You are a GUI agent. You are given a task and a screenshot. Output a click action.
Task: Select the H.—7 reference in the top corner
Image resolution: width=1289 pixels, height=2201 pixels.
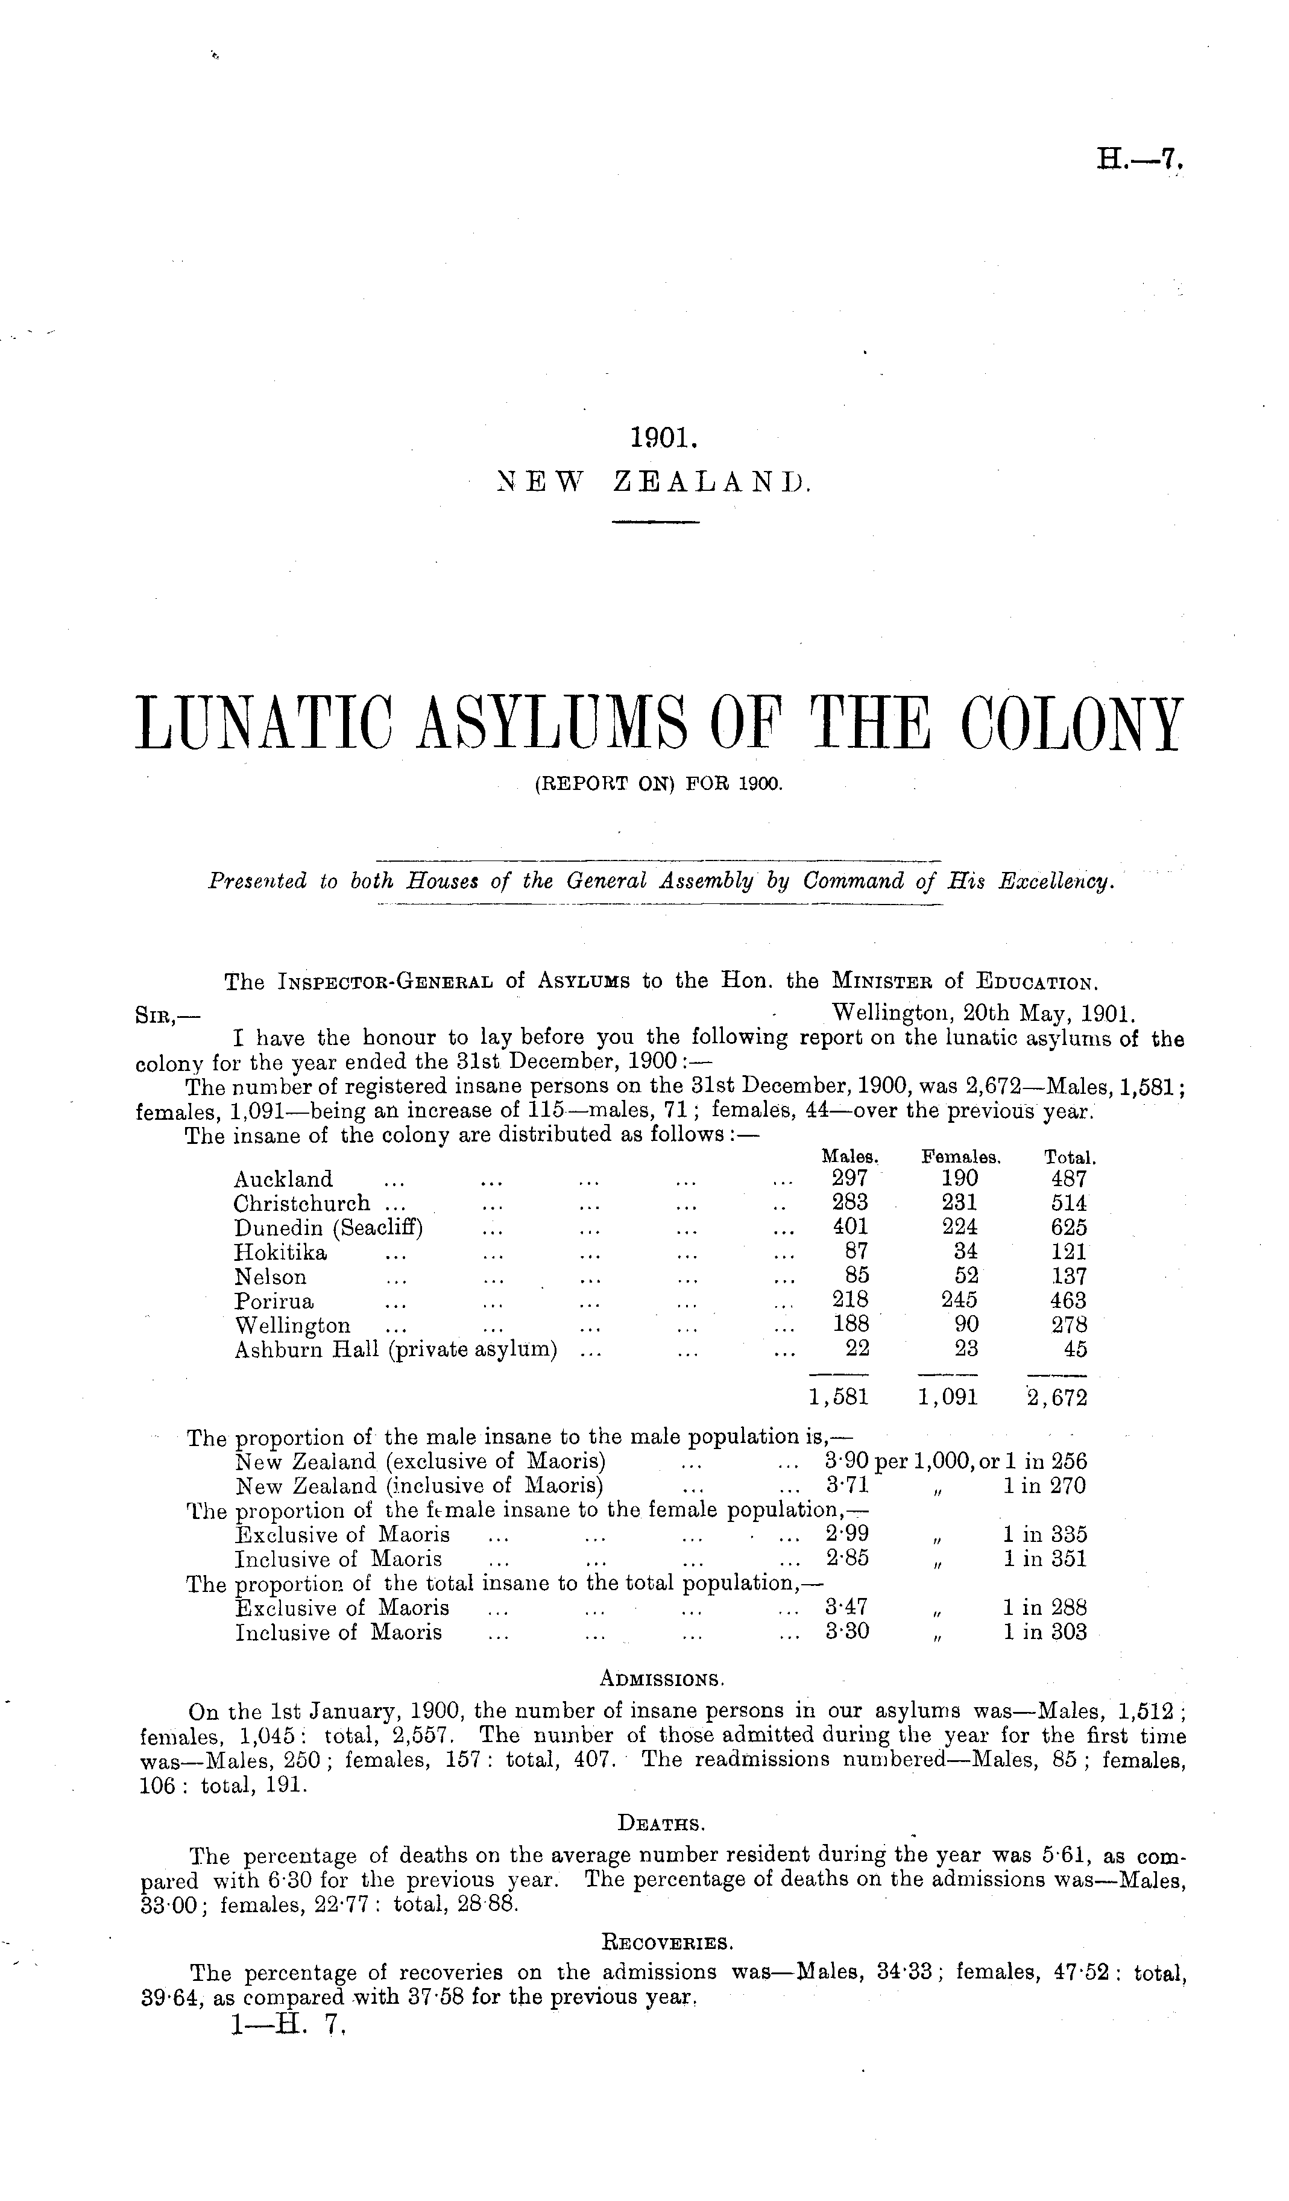pyautogui.click(x=1139, y=161)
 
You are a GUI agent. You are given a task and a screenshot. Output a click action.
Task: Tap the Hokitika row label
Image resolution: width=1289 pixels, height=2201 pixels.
pyautogui.click(x=281, y=1252)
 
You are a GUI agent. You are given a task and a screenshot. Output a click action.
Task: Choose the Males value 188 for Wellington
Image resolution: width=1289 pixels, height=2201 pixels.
pyautogui.click(x=851, y=1325)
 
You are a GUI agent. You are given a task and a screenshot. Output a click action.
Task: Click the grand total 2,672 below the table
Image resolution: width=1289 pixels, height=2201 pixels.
pyautogui.click(x=1057, y=1397)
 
